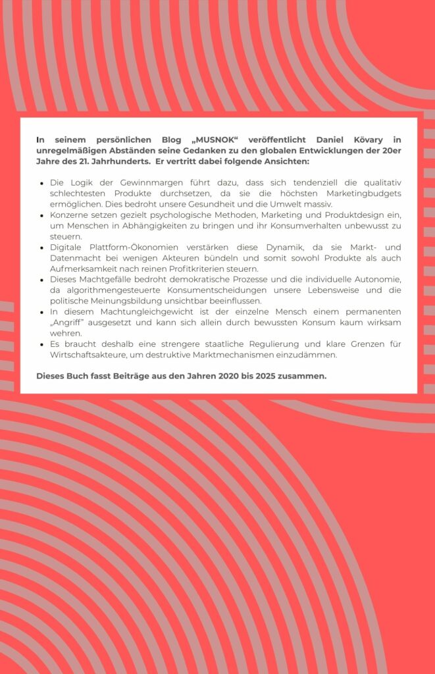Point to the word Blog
[x=172, y=140]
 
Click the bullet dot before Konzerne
[x=42, y=216]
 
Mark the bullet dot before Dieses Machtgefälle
[x=42, y=280]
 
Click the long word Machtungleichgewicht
[x=130, y=311]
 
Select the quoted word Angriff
[x=73, y=323]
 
